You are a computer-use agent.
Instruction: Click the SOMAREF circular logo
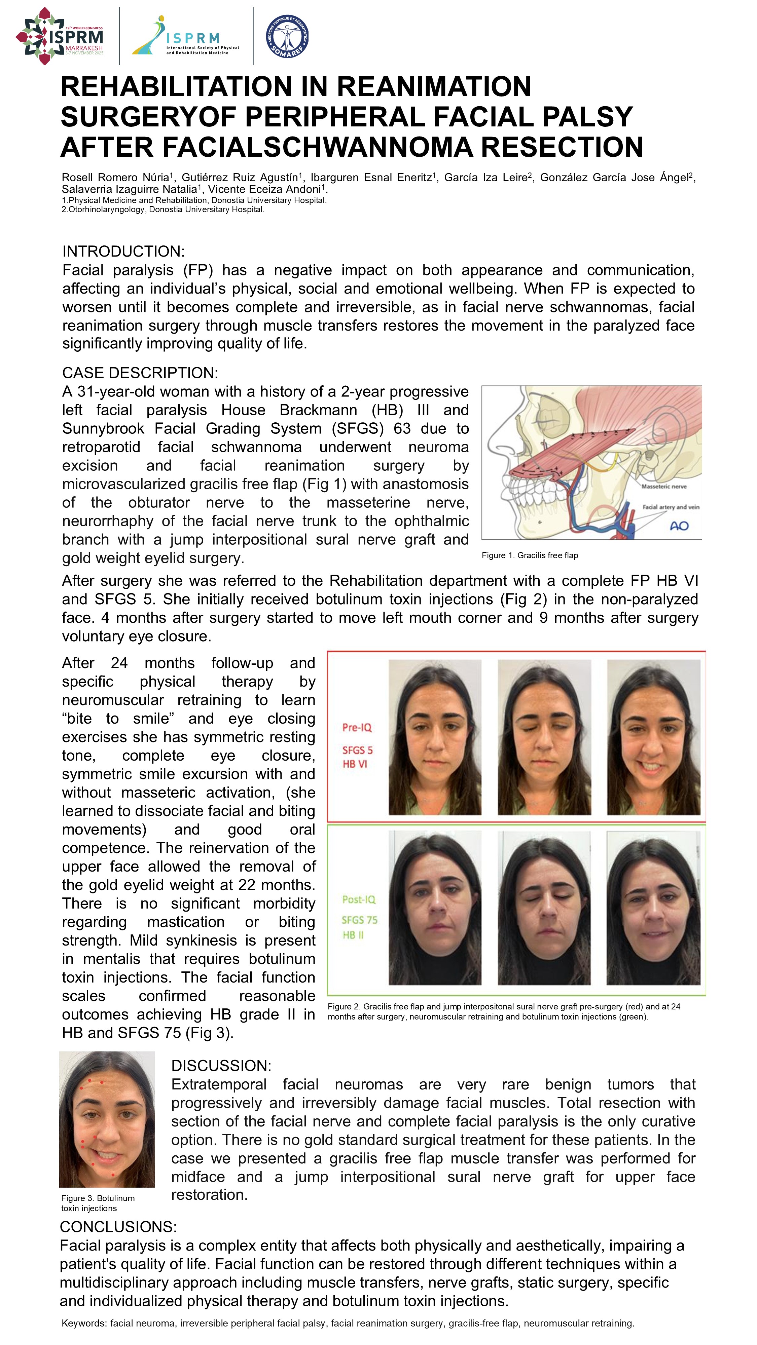pyautogui.click(x=287, y=36)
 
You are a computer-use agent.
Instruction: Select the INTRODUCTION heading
pyautogui.click(x=123, y=251)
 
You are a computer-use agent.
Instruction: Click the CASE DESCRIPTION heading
pyautogui.click(x=140, y=373)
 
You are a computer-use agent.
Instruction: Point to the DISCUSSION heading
pyautogui.click(x=221, y=1066)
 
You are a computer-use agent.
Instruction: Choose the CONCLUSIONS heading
pyautogui.click(x=118, y=1227)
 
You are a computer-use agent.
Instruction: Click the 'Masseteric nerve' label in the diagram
pyautogui.click(x=663, y=486)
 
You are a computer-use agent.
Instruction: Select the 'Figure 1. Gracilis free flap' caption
pyautogui.click(x=530, y=555)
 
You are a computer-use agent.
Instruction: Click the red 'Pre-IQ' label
pyautogui.click(x=357, y=727)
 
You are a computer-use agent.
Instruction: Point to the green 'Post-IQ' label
pyautogui.click(x=358, y=899)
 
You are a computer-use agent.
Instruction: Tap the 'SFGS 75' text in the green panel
pyautogui.click(x=359, y=920)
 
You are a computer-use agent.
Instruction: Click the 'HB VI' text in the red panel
pyautogui.click(x=355, y=764)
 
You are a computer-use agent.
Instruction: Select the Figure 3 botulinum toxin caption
pyautogui.click(x=97, y=1203)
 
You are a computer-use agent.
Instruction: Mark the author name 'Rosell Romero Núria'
pyautogui.click(x=115, y=178)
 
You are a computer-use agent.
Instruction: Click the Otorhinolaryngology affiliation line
pyautogui.click(x=163, y=209)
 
